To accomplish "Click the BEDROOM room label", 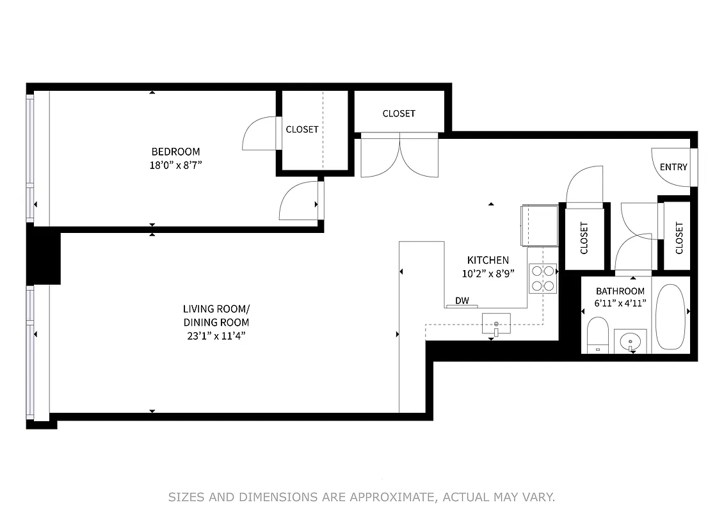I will (175, 152).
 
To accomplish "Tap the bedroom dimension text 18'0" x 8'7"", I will (175, 164).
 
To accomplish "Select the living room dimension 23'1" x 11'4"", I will (216, 335).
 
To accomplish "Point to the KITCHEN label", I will (488, 260).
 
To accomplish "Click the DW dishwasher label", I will (461, 301).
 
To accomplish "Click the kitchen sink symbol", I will (496, 324).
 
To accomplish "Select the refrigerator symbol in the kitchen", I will (540, 225).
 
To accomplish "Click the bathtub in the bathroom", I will (670, 316).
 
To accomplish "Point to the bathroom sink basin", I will (631, 340).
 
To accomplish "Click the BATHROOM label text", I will (620, 291).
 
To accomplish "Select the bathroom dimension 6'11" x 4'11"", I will (620, 303).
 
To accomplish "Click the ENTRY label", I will (673, 167).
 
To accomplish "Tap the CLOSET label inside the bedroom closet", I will (302, 129).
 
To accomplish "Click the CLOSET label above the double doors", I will (399, 113).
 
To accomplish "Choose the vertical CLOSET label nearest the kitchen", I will (584, 238).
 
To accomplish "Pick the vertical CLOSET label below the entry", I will (679, 237).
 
